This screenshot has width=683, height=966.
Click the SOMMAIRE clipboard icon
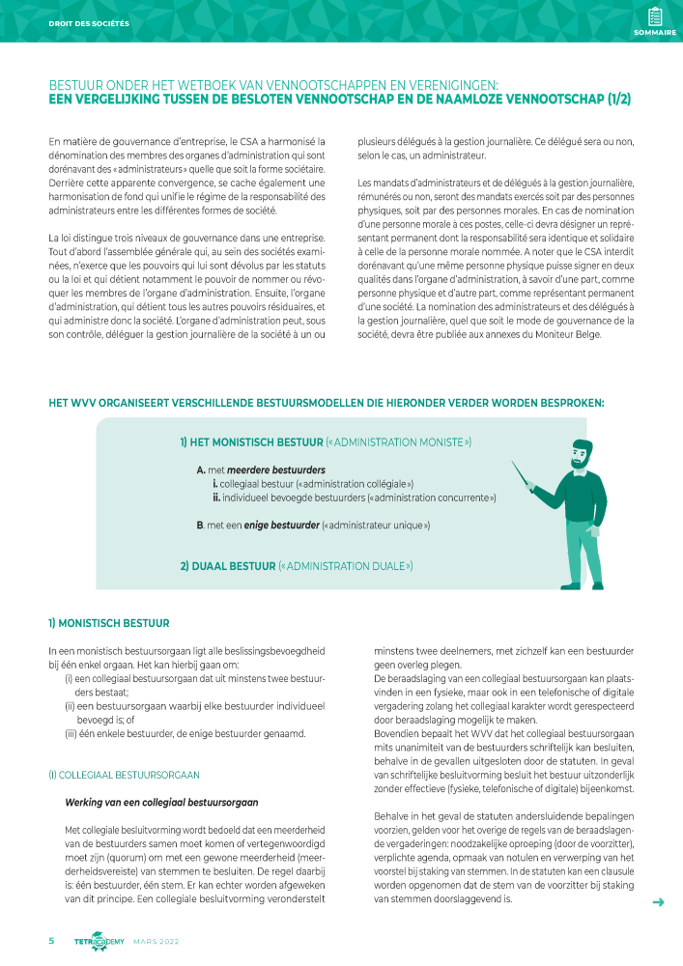[655, 16]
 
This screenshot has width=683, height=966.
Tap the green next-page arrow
[659, 902]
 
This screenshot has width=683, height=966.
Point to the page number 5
[52, 941]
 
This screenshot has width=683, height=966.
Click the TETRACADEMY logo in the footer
[99, 942]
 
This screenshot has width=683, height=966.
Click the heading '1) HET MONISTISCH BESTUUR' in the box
[243, 442]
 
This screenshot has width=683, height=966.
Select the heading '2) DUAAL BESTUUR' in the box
[227, 565]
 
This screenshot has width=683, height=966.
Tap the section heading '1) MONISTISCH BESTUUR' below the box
[109, 623]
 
